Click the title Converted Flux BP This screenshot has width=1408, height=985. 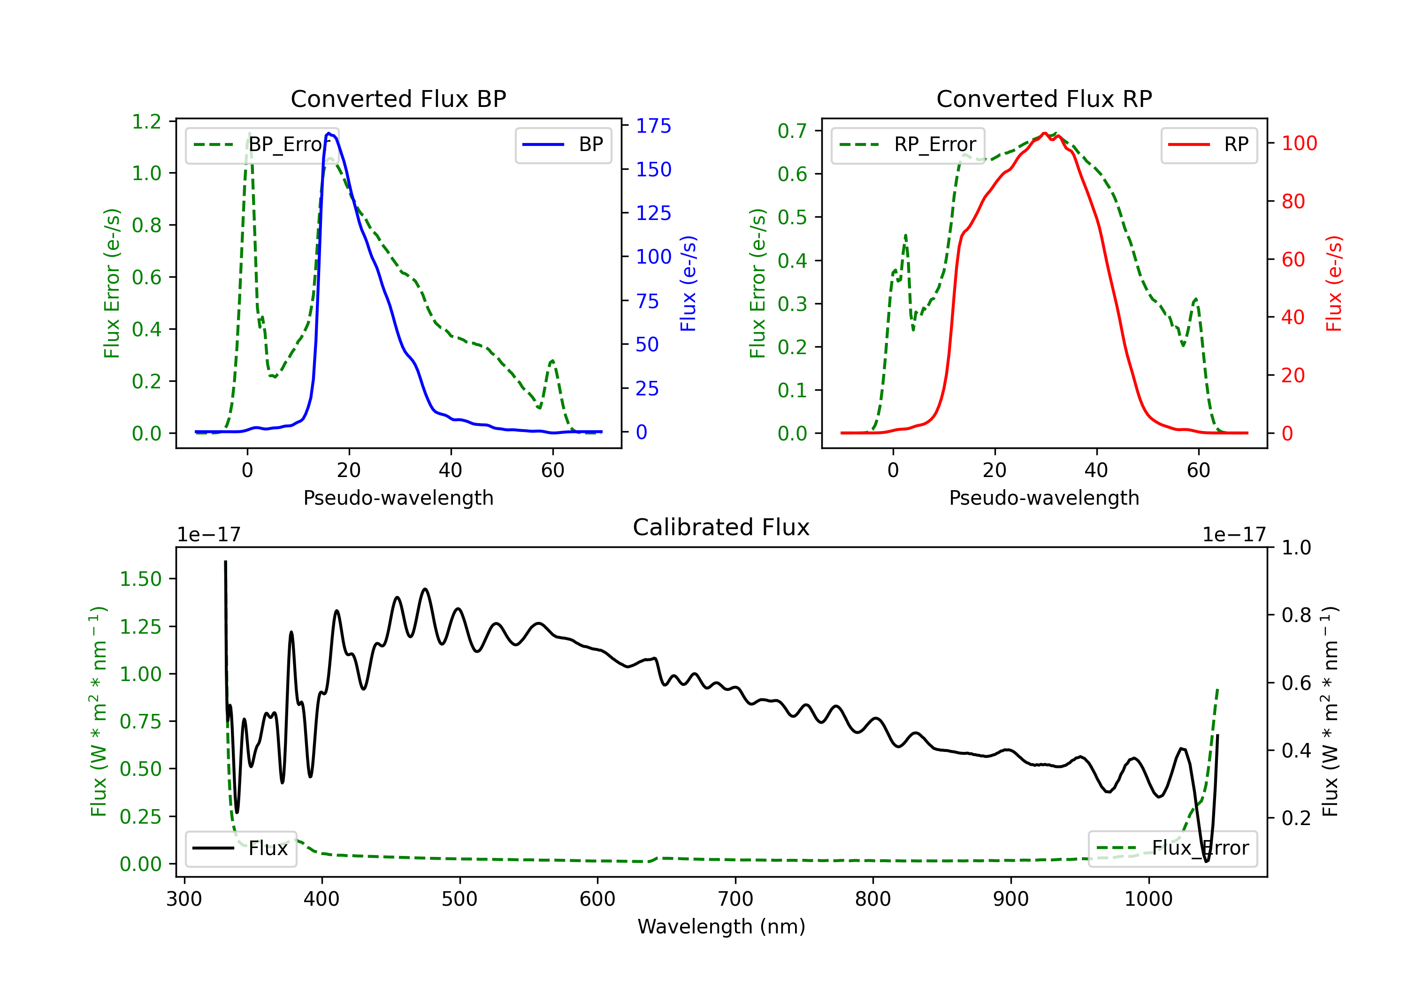(x=398, y=98)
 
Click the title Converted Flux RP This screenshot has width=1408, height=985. (x=1044, y=98)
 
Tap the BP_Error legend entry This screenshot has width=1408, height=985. (x=262, y=144)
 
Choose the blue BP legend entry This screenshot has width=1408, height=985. (x=563, y=144)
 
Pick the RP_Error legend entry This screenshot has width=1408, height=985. (x=908, y=144)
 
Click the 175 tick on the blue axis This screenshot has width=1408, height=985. (x=653, y=126)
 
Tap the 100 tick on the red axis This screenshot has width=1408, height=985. (x=1299, y=144)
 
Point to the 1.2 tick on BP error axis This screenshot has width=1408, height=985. (x=146, y=121)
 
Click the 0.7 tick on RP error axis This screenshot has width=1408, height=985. (x=792, y=130)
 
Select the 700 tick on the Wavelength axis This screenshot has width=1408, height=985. (x=735, y=899)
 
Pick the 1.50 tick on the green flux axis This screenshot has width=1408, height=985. (x=140, y=579)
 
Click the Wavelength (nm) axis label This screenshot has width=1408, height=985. (x=721, y=926)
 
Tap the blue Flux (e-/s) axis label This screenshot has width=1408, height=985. (x=688, y=283)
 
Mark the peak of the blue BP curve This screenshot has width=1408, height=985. (x=329, y=133)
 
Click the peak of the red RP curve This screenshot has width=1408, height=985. (x=1044, y=134)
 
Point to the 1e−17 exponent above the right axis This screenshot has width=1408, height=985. (x=1233, y=535)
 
